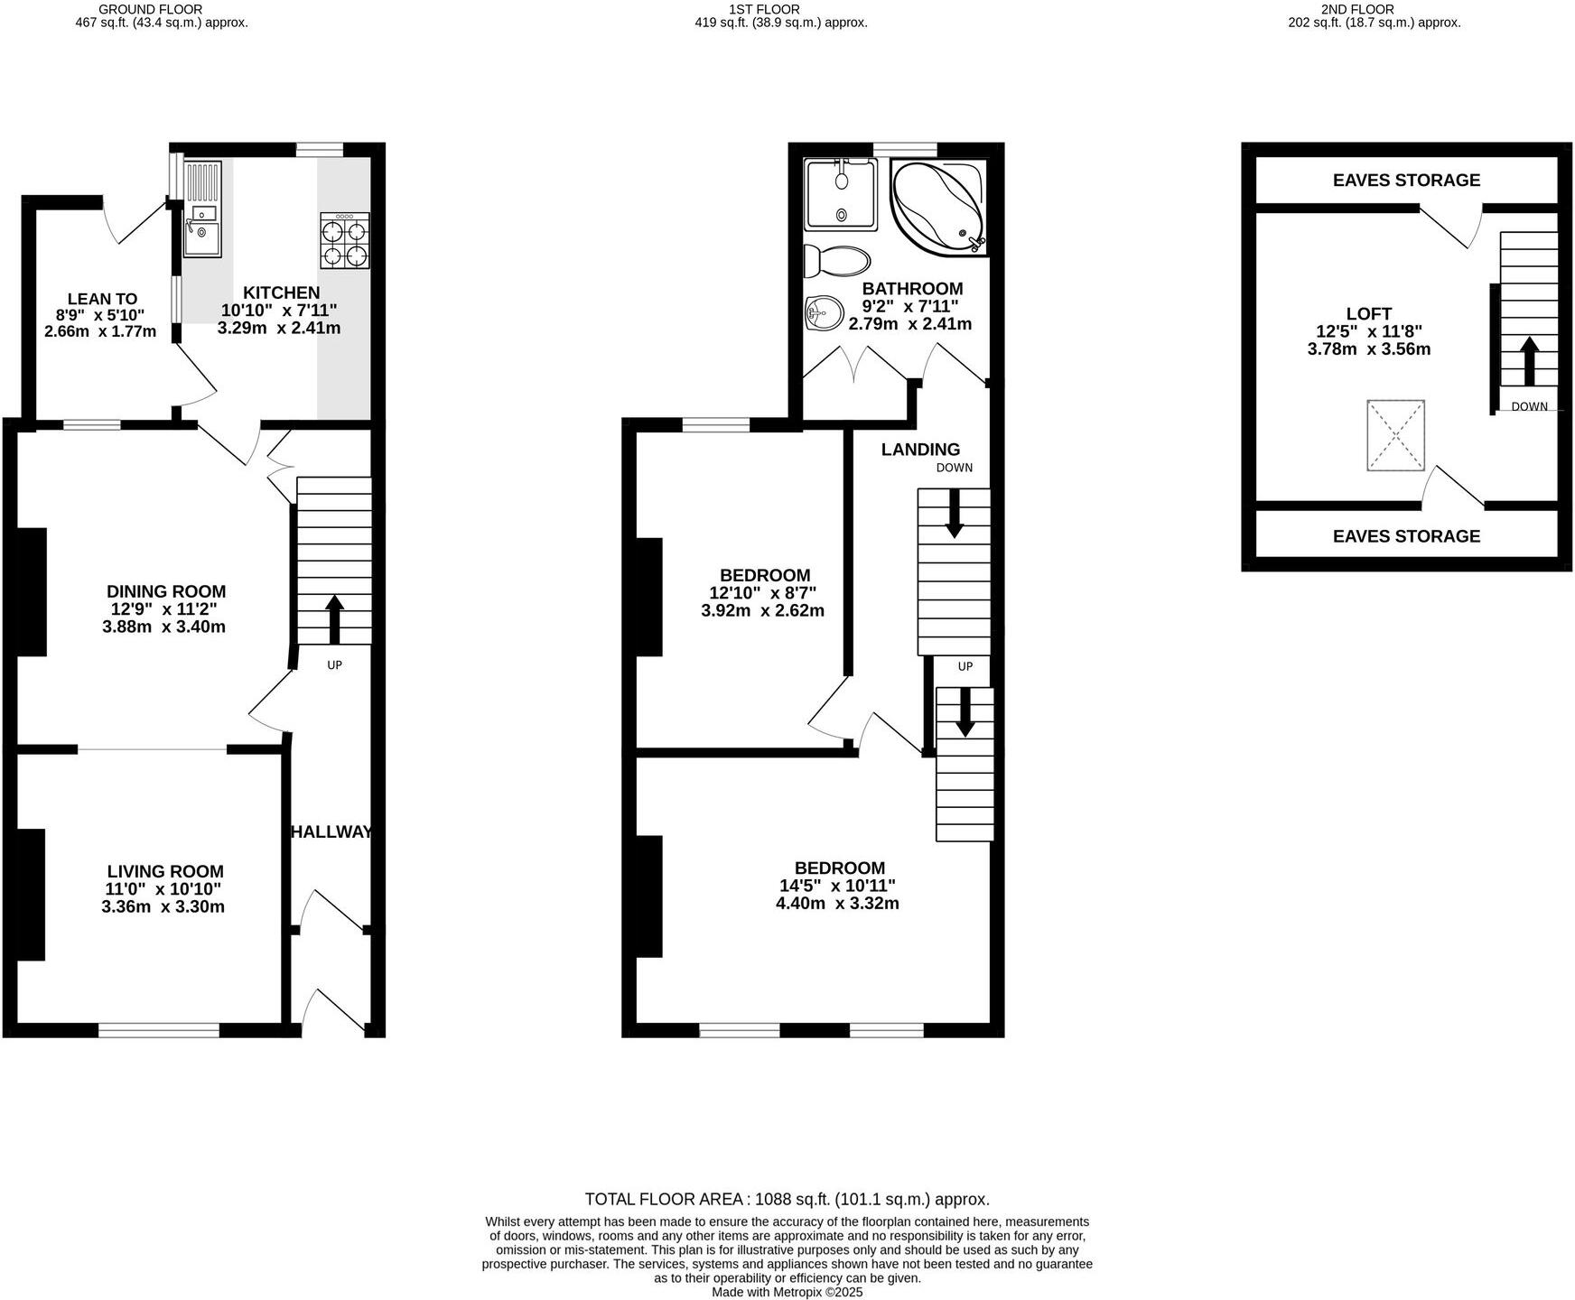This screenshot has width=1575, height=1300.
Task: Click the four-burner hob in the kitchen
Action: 345,241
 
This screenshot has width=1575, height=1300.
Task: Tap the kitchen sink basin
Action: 201,237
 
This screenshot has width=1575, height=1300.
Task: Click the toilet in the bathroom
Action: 837,261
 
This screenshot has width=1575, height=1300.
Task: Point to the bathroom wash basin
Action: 823,314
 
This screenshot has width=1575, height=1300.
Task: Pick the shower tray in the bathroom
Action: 841,193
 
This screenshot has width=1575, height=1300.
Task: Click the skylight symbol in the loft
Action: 1395,435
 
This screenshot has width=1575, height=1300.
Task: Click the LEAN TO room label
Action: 102,299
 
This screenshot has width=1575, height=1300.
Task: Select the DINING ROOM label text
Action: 166,591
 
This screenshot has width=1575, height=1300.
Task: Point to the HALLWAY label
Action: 331,832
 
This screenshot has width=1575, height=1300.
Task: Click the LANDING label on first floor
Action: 920,450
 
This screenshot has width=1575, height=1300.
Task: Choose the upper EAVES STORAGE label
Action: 1406,181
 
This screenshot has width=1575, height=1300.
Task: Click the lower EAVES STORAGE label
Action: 1406,536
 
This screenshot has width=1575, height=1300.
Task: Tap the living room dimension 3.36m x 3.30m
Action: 163,906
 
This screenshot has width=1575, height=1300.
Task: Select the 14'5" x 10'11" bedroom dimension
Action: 837,886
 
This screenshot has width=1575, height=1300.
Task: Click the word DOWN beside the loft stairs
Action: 1529,407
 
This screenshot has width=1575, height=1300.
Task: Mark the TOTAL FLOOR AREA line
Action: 787,1200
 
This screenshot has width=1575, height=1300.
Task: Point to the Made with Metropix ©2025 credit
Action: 787,1292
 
